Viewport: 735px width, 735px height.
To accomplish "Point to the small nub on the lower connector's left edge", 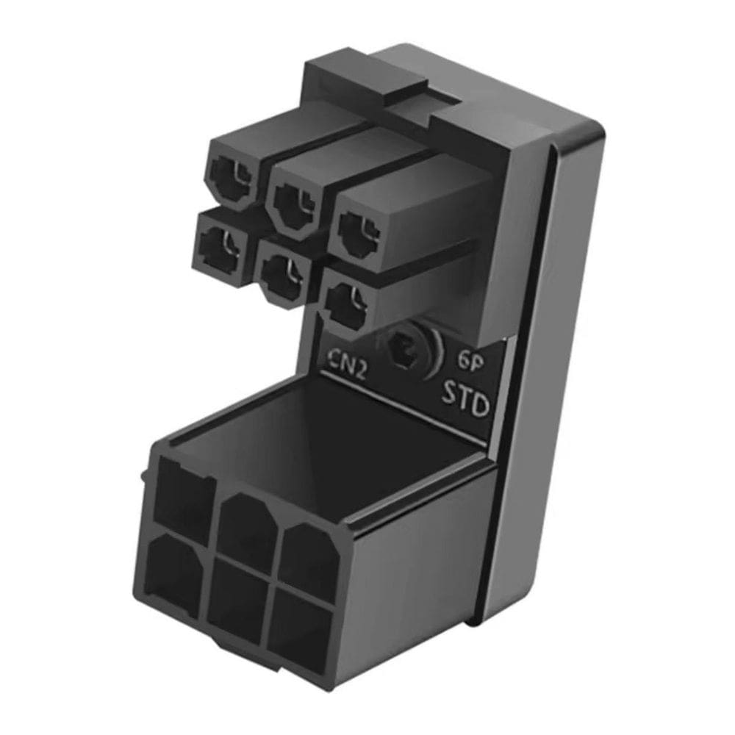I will [142, 478].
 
